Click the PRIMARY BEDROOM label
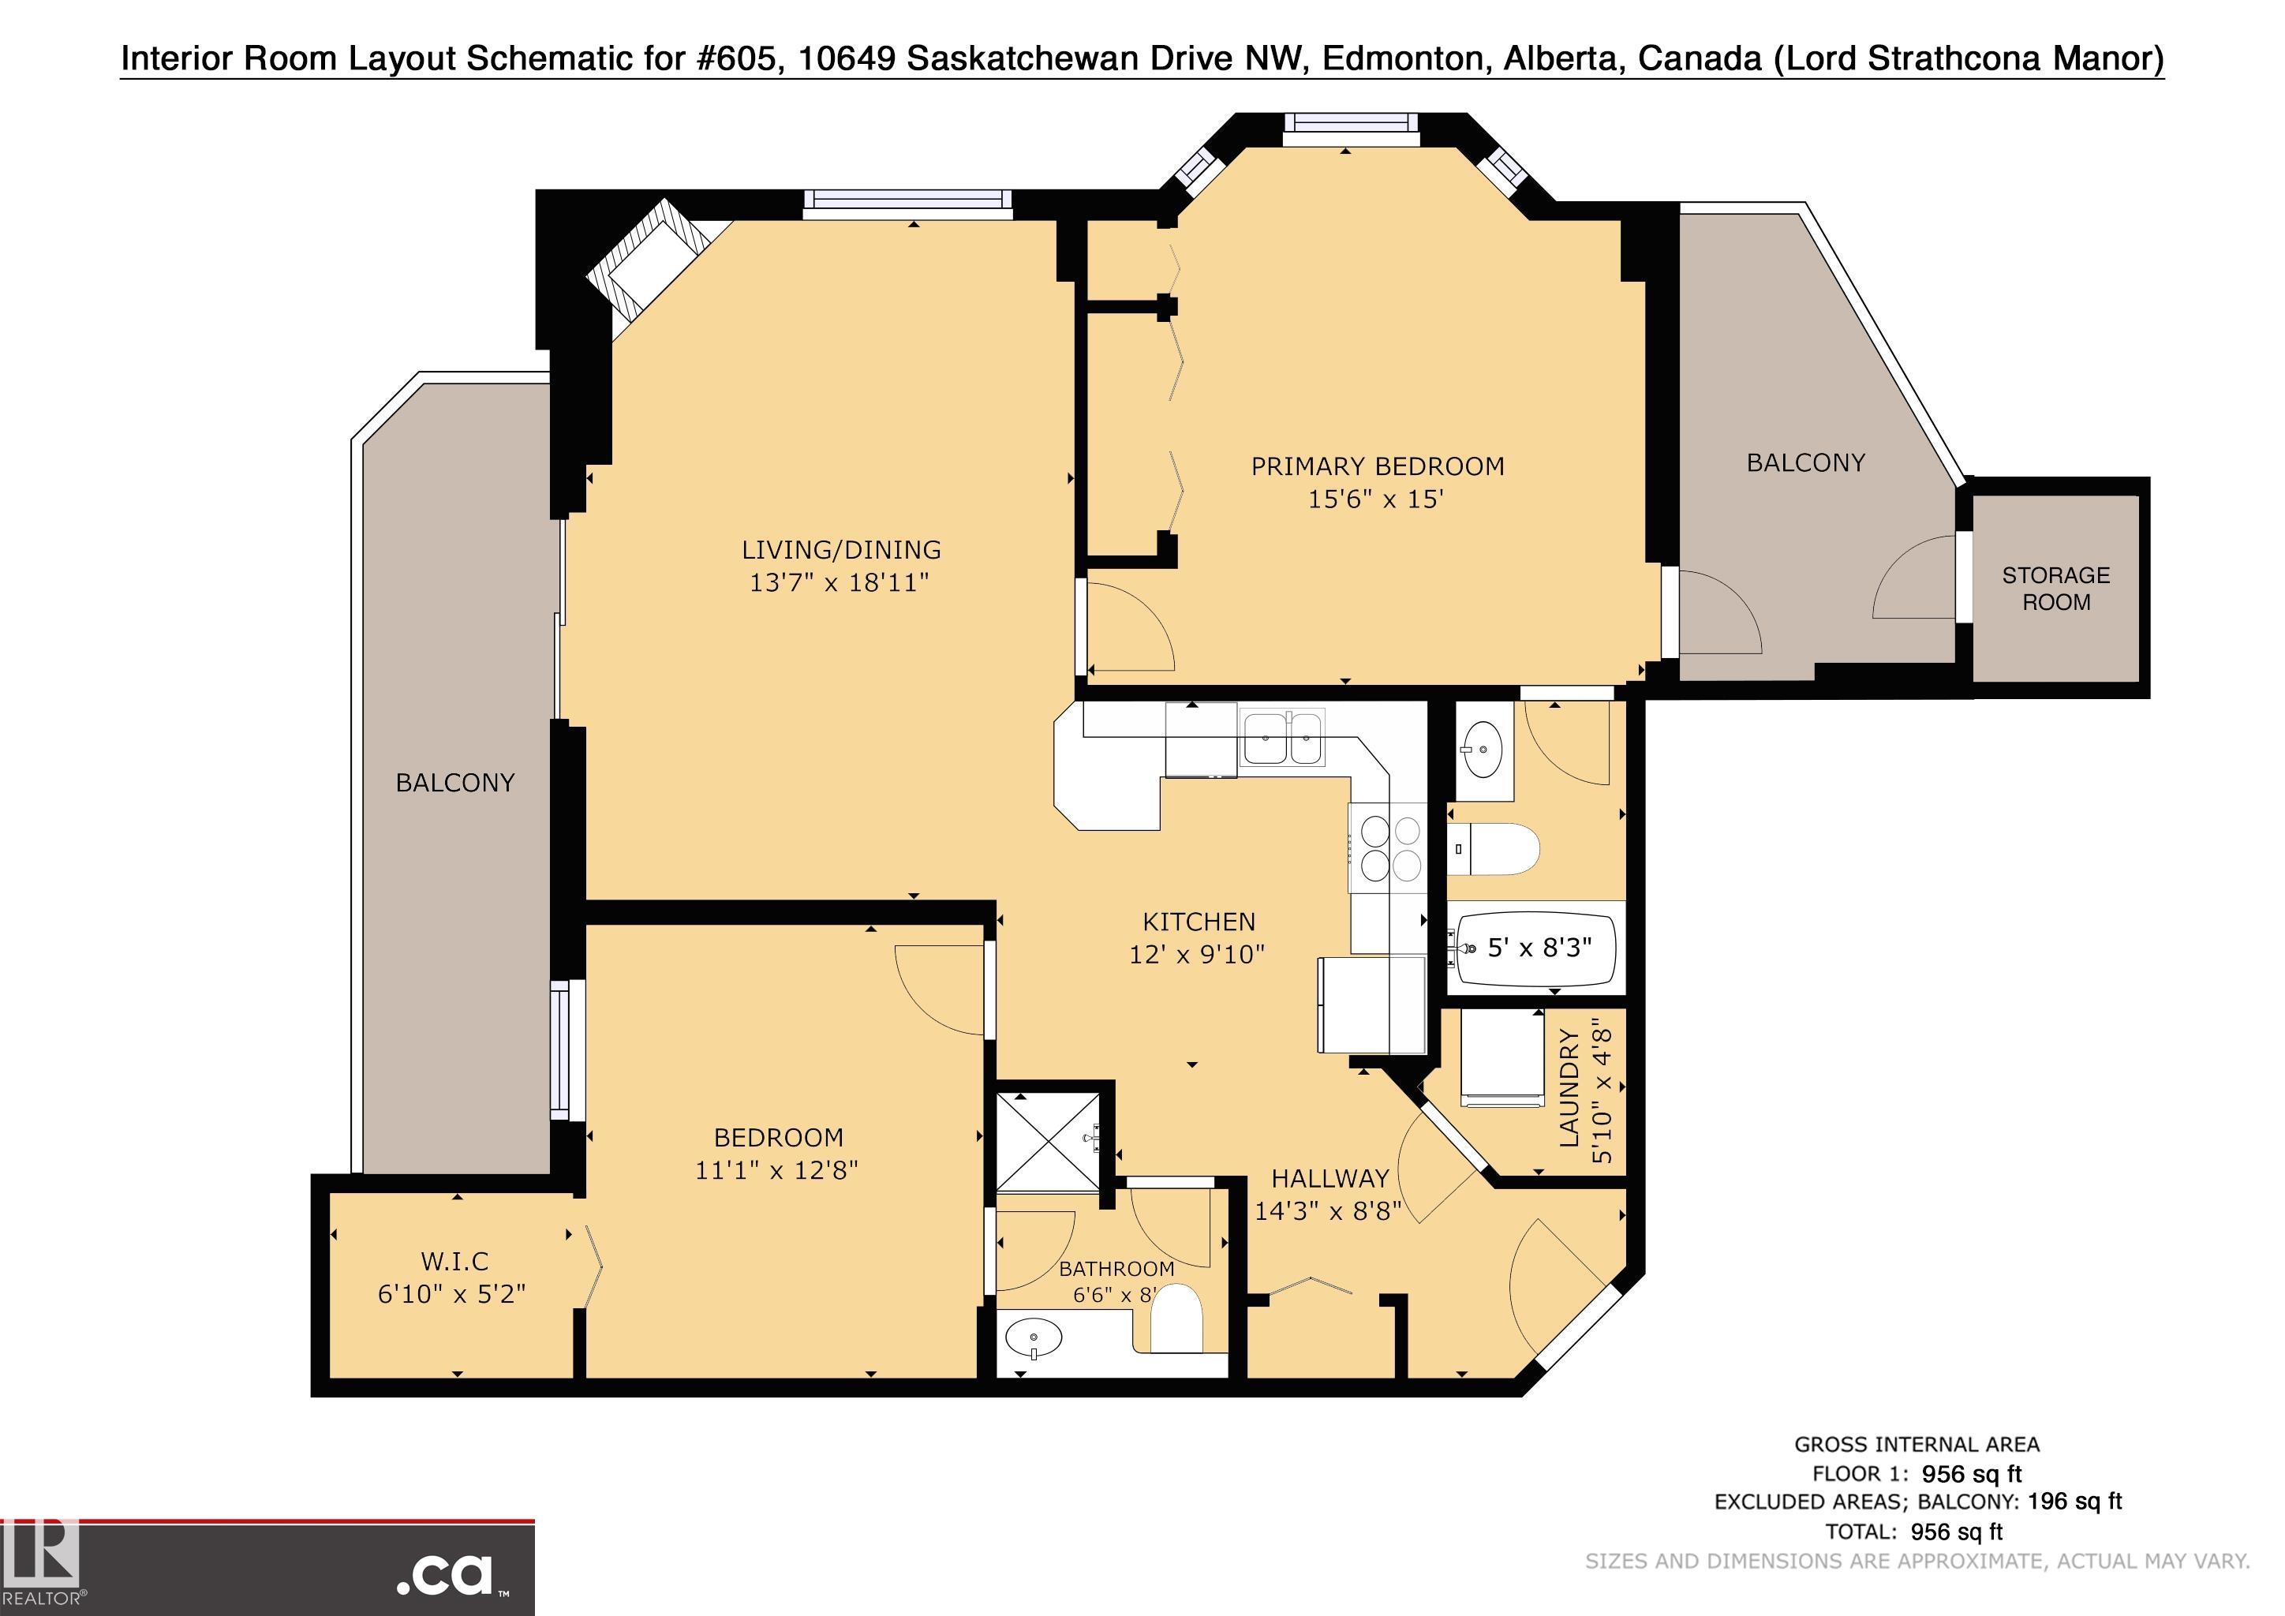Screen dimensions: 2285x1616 (x=1378, y=466)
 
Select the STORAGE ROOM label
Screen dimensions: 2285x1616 (x=2056, y=588)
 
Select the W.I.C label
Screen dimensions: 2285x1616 (x=454, y=1261)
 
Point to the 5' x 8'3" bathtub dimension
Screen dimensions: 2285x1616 (x=1539, y=948)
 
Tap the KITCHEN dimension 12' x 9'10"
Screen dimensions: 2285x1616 (x=1197, y=954)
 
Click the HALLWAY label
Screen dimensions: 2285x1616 (x=1329, y=1178)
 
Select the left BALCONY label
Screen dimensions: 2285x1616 (x=454, y=783)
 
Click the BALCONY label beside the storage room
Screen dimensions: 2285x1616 (x=1805, y=462)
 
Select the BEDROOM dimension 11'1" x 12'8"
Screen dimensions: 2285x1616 (x=776, y=1169)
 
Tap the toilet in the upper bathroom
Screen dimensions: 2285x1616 (x=1494, y=849)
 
